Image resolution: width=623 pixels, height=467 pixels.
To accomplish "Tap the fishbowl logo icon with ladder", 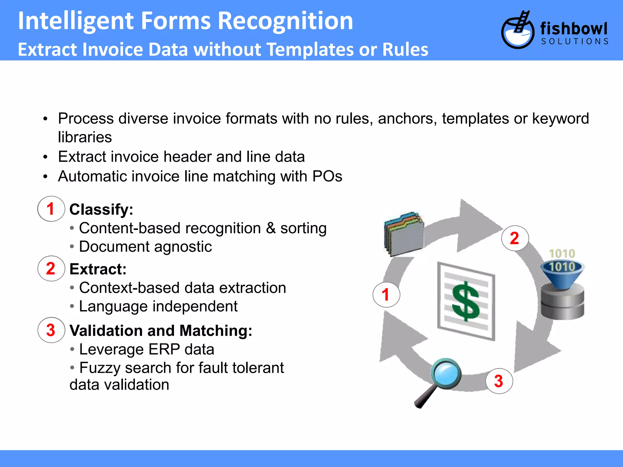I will click(x=517, y=30).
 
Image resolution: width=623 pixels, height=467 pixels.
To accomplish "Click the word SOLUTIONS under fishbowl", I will click(x=575, y=41).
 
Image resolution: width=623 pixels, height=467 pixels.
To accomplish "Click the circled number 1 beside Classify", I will click(x=51, y=209).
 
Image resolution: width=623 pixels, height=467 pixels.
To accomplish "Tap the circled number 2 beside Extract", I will click(x=51, y=268).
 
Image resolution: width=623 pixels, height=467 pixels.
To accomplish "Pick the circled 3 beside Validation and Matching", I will click(x=51, y=330).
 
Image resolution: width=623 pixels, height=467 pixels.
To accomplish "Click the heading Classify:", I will click(x=101, y=209).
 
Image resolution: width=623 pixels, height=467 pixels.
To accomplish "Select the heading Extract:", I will click(x=98, y=269).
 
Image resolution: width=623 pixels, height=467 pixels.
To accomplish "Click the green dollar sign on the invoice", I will click(x=465, y=301).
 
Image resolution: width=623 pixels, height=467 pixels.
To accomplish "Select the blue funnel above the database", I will click(x=562, y=274).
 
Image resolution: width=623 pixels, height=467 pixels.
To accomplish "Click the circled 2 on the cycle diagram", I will click(x=515, y=238).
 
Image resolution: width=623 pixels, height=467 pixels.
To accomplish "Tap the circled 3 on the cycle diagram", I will click(x=499, y=381).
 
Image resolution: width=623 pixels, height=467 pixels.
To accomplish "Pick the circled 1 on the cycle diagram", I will click(x=386, y=295).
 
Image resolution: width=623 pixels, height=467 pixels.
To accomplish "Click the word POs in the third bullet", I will click(x=327, y=176).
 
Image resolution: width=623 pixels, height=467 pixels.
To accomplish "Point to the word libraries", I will click(x=85, y=137).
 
